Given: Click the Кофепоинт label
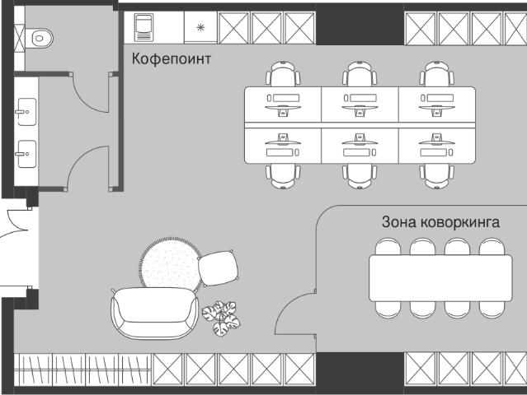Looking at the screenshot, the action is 171,59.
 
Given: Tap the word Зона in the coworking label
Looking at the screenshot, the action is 398,222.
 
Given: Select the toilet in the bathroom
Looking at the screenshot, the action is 39,38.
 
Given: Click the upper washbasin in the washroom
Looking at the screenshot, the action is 26,112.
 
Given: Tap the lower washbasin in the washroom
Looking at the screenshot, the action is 26,154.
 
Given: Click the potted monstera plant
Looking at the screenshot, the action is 221,318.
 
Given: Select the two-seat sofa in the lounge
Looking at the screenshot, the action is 154,313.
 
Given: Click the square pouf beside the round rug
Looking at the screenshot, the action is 219,268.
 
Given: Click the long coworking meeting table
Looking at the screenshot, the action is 440,278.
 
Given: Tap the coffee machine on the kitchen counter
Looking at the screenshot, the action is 144,27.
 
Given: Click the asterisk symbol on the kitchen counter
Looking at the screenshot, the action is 200,27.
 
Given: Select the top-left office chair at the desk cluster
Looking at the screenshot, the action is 283,74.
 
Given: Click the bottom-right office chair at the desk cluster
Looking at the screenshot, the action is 436,176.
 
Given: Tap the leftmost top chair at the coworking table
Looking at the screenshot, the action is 388,247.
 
